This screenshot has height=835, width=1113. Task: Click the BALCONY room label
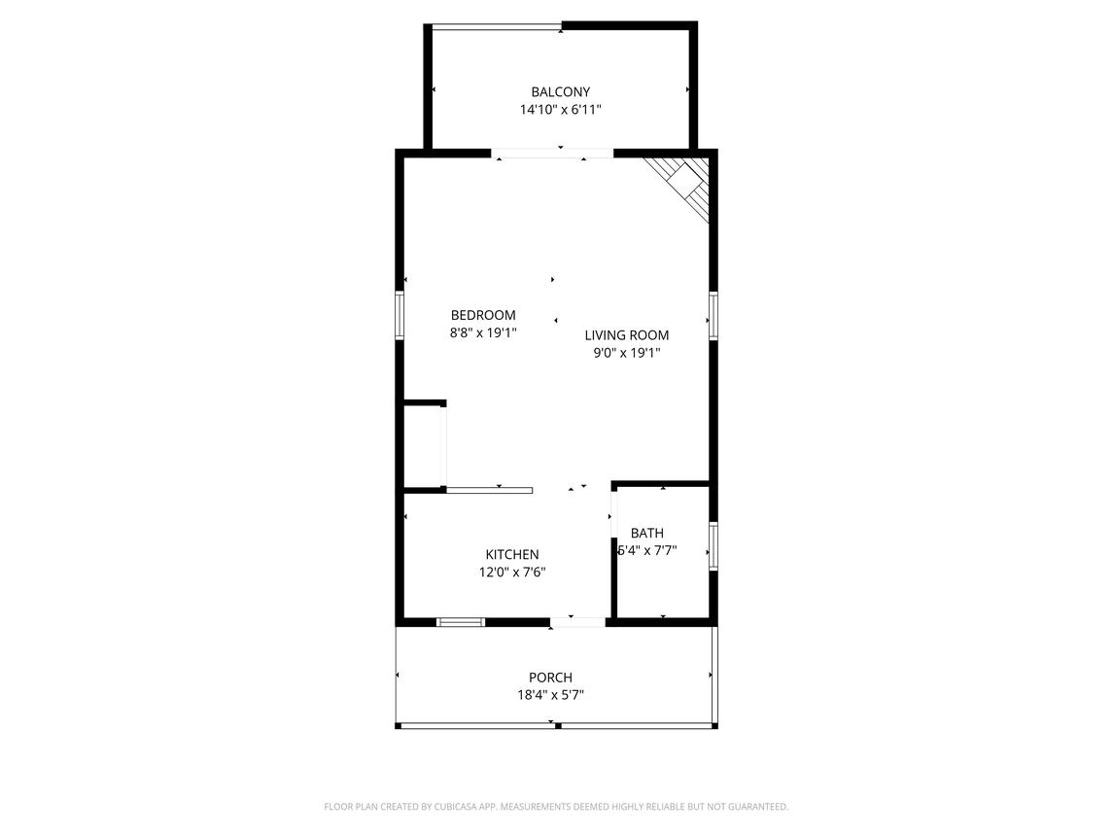[561, 91]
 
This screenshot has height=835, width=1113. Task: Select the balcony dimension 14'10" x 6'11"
[561, 109]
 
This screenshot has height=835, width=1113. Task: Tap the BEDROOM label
[483, 315]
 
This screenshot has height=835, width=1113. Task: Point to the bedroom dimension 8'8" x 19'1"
[483, 332]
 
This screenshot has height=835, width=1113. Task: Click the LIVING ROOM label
[627, 335]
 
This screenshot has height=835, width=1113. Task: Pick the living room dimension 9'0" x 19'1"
[627, 353]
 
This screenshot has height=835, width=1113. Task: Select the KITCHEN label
[512, 554]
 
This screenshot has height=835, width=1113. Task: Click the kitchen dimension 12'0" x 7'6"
[512, 573]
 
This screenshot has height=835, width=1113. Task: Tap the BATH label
[647, 534]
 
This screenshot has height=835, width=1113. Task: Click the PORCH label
[551, 678]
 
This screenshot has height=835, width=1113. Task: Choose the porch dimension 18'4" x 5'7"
[551, 695]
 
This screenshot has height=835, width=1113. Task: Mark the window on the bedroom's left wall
[400, 315]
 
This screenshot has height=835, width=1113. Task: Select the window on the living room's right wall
[713, 315]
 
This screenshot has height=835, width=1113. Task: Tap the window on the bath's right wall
[713, 546]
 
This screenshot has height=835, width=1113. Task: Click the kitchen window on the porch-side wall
[461, 623]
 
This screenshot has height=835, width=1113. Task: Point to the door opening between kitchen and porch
[577, 623]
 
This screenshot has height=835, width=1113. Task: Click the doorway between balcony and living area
[552, 154]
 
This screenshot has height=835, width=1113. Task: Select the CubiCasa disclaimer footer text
[556, 807]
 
